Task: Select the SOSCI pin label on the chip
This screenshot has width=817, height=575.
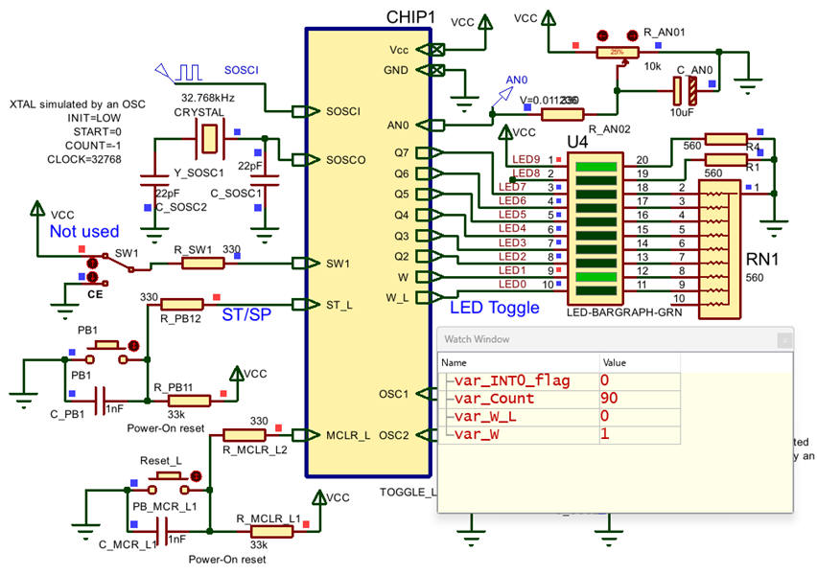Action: tap(344, 111)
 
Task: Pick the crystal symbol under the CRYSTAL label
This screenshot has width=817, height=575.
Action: tap(208, 138)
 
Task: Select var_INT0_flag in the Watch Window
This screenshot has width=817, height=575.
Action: tap(512, 381)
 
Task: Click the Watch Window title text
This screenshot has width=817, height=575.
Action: tap(476, 339)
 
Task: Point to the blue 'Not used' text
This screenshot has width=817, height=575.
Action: tap(84, 231)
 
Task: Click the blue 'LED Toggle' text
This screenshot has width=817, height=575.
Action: tap(494, 308)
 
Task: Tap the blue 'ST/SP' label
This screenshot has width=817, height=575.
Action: tap(245, 314)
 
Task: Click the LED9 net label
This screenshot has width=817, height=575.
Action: tap(525, 159)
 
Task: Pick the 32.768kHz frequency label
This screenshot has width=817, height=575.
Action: tap(210, 98)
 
